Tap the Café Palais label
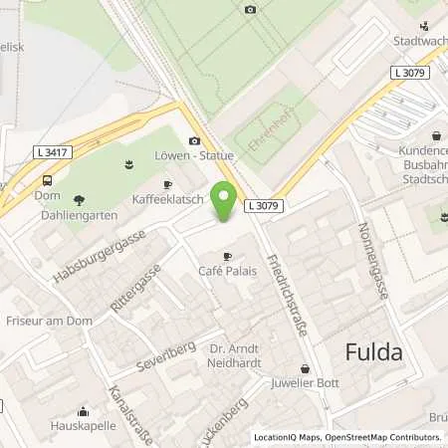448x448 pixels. point(229,272)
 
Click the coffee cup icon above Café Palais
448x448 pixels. point(228,256)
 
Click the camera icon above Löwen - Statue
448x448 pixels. point(194,141)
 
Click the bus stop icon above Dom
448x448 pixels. point(47,180)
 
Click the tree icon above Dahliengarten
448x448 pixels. point(79,199)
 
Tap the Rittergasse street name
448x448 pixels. point(135,288)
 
